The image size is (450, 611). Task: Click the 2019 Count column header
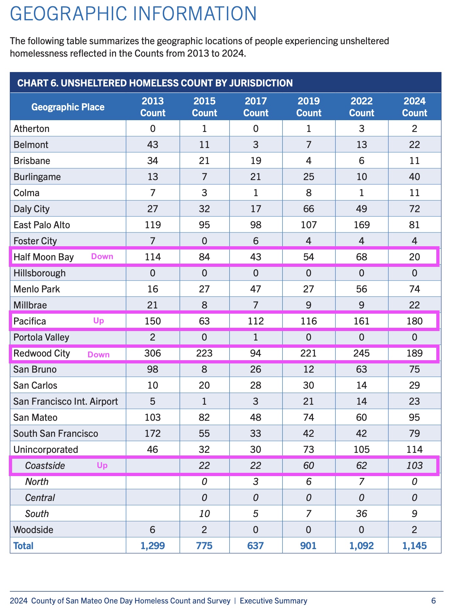[309, 107]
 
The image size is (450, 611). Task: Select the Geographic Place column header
[68, 107]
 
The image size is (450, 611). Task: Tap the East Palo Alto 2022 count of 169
[361, 225]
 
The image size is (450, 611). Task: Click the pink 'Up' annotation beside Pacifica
[98, 321]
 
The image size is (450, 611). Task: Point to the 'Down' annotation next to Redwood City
[98, 355]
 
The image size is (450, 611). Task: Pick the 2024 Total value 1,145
[414, 546]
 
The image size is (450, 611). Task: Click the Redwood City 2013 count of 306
[153, 353]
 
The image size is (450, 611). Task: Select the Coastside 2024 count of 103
[414, 465]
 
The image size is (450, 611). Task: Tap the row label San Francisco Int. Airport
[65, 401]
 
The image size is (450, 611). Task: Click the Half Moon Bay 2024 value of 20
[414, 257]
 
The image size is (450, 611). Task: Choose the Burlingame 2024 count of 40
[414, 177]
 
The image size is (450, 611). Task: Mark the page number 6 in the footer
[434, 601]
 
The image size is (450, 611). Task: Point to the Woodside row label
[33, 530]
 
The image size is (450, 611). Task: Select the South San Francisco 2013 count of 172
[153, 434]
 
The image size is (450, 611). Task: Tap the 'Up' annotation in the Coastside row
[102, 465]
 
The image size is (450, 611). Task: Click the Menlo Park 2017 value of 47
[256, 289]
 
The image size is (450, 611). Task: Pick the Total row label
[23, 546]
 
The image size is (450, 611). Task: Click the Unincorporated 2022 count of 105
[361, 450]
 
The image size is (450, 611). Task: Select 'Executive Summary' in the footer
[273, 601]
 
